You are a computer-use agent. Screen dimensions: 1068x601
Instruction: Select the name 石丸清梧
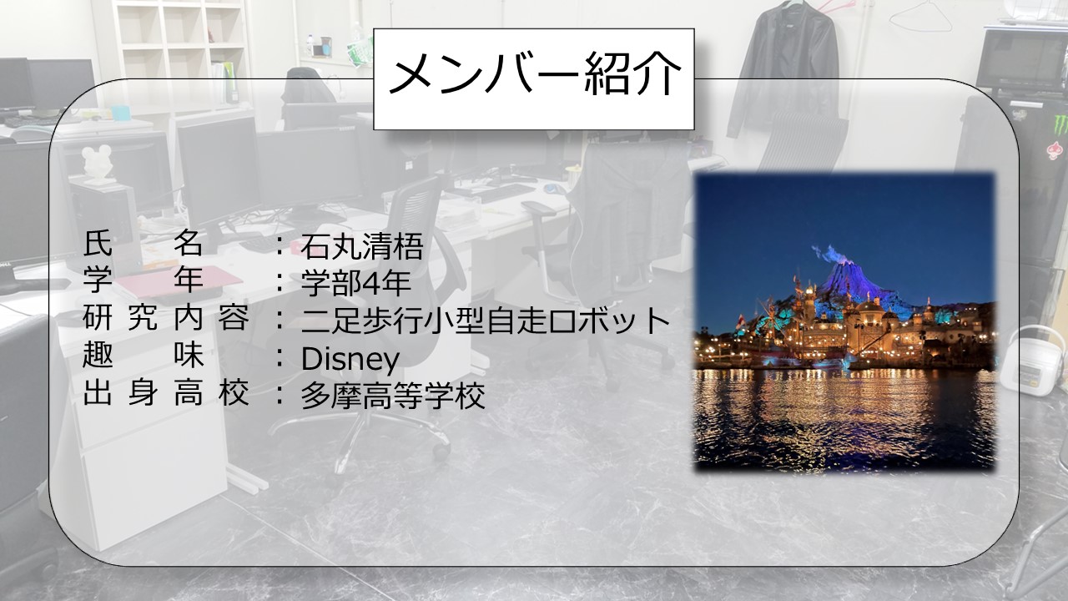(362, 246)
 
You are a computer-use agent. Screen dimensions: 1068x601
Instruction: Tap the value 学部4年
(355, 282)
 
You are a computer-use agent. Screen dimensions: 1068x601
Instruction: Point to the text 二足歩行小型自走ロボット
(486, 320)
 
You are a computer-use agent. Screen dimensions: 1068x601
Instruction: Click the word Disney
(350, 359)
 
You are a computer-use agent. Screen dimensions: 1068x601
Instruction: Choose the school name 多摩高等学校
(393, 395)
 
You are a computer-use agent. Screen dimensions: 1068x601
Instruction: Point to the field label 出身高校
(165, 393)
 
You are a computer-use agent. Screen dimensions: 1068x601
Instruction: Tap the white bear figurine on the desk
(98, 164)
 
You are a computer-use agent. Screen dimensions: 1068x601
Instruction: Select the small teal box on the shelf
(120, 113)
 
